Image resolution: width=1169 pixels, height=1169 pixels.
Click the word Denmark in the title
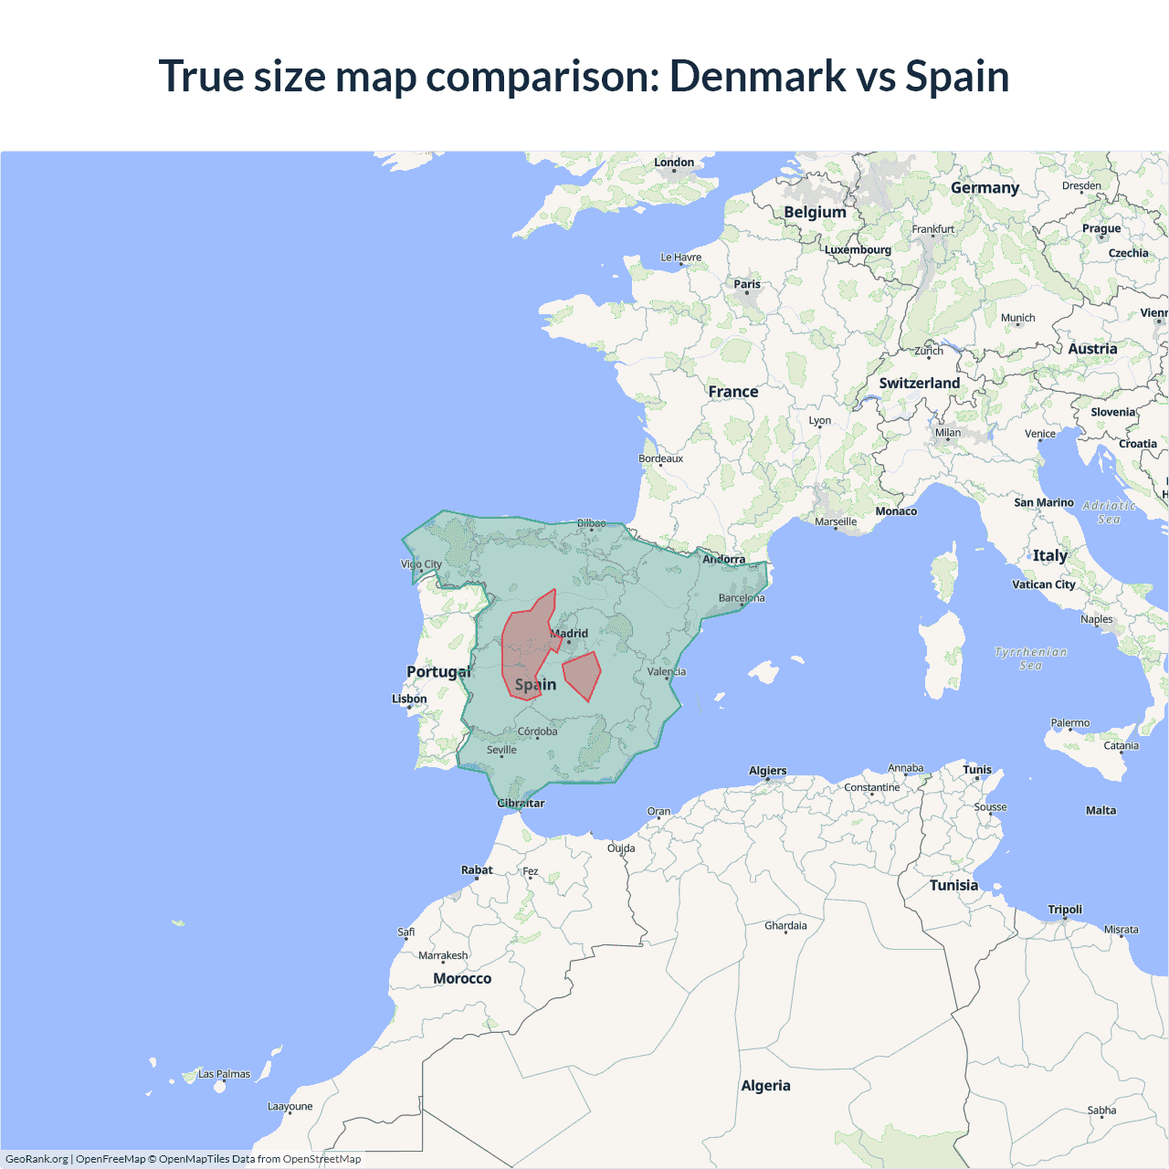pos(758,76)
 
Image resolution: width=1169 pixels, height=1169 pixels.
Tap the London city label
pos(674,163)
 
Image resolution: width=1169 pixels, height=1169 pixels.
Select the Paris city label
pos(747,284)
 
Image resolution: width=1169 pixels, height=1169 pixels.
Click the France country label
pos(733,392)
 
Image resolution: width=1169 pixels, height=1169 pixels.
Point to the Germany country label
pos(985,188)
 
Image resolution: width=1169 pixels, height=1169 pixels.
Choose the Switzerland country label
pos(919,384)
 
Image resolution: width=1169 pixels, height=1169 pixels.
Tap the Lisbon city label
pos(409,699)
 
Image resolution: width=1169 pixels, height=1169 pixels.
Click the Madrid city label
pos(570,633)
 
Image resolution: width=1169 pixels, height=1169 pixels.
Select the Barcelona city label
pos(742,598)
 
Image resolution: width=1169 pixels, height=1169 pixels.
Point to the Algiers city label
pos(767,771)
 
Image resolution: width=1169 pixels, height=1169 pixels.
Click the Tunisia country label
pos(953,885)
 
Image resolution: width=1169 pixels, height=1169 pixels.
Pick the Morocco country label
pos(462,978)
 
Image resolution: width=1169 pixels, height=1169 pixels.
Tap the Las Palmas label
pos(224,1074)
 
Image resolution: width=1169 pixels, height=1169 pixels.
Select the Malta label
pos(1101,810)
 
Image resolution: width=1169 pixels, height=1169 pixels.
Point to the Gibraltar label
pos(521,804)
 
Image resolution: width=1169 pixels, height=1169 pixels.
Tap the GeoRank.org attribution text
pos(37,1159)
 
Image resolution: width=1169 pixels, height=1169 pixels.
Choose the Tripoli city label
pos(1065,910)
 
